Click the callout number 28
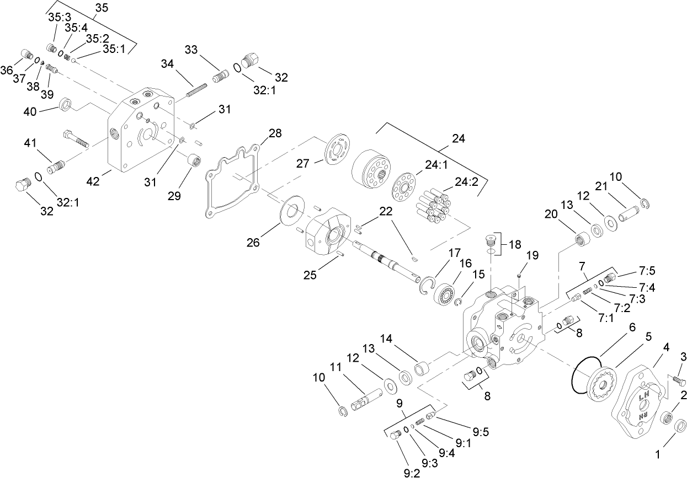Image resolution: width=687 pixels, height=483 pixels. [275, 133]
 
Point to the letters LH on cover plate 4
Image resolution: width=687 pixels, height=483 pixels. [643, 396]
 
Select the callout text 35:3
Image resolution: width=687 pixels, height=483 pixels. [59, 17]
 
